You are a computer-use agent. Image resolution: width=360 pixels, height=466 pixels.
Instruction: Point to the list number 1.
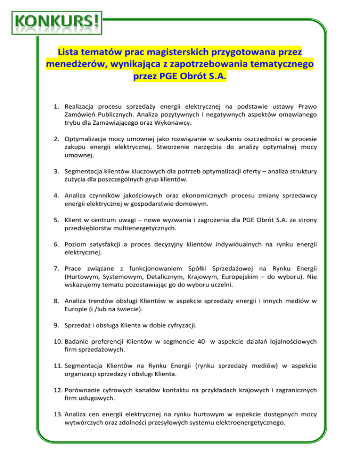pos(54,107)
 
